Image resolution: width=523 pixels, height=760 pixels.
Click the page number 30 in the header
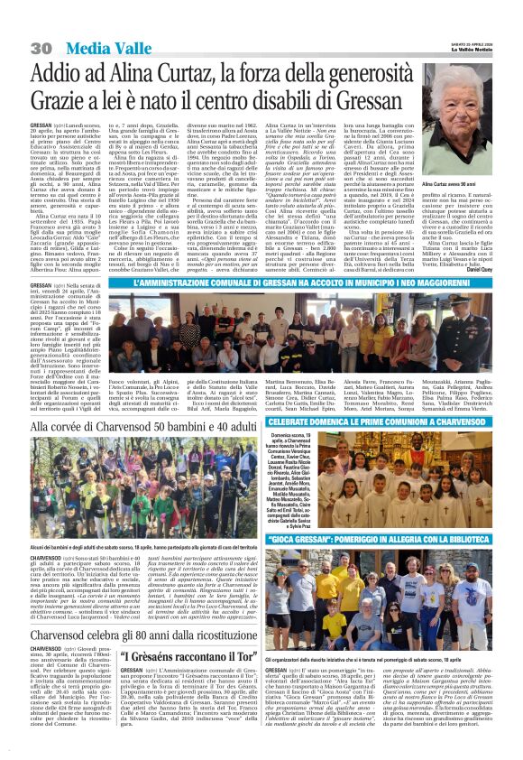40,47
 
